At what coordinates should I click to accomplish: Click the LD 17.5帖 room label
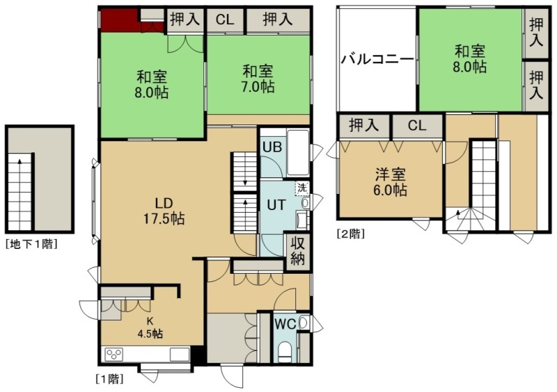tap(164, 211)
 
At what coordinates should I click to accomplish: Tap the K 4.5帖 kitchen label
tap(150, 327)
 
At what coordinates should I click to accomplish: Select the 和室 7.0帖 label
tap(258, 79)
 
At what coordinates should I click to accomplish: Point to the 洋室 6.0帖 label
tap(390, 182)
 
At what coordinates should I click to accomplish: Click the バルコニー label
tap(377, 59)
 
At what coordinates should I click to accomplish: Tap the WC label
tap(285, 324)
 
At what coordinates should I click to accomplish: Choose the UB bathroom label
tap(272, 147)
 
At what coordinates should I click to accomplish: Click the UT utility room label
tap(276, 205)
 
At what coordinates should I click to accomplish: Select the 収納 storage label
tap(298, 251)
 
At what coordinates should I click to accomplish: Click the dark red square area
tap(119, 21)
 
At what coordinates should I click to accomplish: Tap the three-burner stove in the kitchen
tap(114, 354)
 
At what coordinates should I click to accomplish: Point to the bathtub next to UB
tap(298, 152)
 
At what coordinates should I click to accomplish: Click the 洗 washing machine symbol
tap(301, 188)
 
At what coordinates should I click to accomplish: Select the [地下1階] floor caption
tap(31, 244)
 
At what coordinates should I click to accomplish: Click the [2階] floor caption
tap(351, 234)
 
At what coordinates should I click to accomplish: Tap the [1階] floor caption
tap(110, 379)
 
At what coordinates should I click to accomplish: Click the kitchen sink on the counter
tap(180, 354)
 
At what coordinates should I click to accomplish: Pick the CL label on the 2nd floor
tap(417, 125)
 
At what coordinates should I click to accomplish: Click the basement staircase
tap(20, 192)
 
